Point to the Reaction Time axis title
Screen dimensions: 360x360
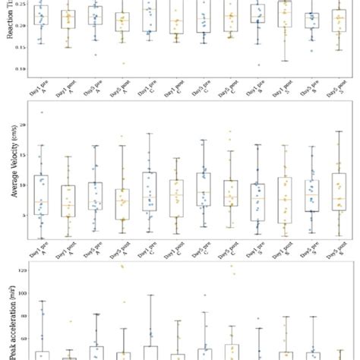click(x=9, y=23)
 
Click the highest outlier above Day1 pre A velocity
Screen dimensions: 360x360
click(x=41, y=112)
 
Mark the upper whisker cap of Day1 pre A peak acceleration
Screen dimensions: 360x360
click(x=42, y=301)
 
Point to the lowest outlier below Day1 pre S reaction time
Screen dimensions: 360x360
click(x=258, y=65)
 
